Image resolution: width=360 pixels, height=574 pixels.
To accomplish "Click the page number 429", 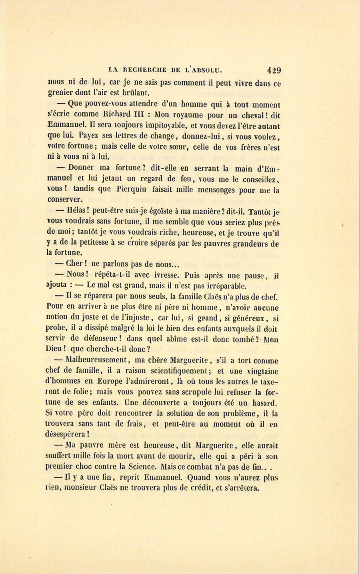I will click(x=274, y=70).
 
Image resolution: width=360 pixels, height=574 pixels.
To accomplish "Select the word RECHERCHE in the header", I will click(x=145, y=70).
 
